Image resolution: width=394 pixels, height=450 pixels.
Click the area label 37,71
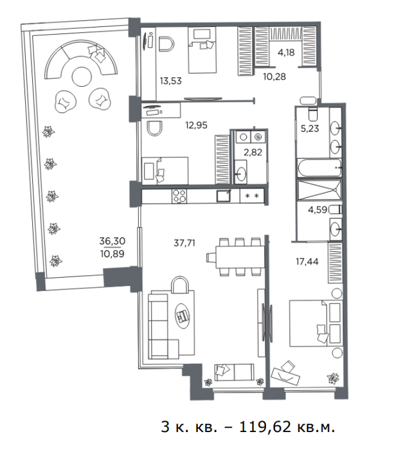[x=184, y=243]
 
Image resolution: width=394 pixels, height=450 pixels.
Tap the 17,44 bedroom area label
[x=307, y=262]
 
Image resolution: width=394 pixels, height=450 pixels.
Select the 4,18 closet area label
[x=286, y=53]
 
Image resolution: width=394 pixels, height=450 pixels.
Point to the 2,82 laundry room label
[x=253, y=152]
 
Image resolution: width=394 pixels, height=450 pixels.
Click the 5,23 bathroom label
[x=310, y=129]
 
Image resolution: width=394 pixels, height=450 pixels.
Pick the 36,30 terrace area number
[x=112, y=241]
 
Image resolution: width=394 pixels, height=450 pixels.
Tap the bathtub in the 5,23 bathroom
[x=319, y=168]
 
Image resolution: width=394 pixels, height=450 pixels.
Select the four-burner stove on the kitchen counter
[x=179, y=196]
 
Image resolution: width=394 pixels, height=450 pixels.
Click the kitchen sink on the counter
[x=224, y=196]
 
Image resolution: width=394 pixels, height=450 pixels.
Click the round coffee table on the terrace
[x=82, y=76]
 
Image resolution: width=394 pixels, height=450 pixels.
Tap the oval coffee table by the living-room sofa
[x=183, y=316]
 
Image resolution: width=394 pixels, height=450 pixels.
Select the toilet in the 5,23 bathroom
[x=312, y=114]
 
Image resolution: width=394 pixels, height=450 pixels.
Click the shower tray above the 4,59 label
[x=319, y=190]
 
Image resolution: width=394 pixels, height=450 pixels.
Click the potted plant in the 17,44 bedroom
[x=333, y=378]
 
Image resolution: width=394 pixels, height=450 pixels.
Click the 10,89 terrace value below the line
[x=112, y=254]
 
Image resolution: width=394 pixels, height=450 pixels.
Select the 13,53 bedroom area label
[x=171, y=81]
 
